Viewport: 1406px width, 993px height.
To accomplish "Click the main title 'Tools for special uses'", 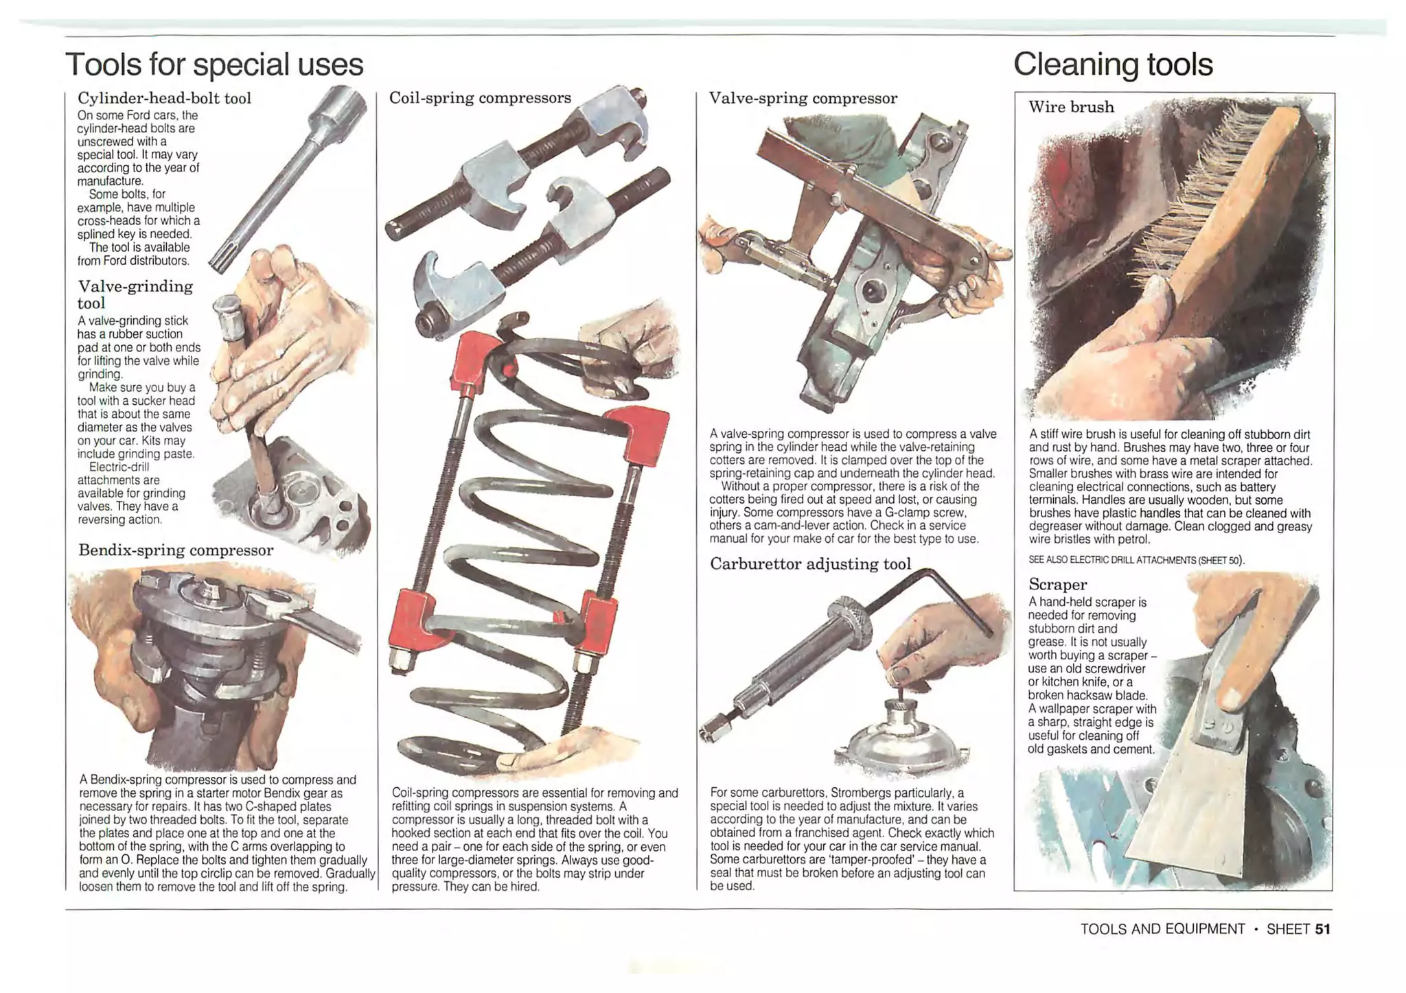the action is tap(214, 65).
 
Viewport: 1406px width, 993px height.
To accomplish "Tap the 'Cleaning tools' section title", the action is tap(1113, 65).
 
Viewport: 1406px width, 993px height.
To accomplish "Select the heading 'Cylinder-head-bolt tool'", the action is tap(164, 98).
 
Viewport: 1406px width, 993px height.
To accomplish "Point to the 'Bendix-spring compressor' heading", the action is tap(175, 550).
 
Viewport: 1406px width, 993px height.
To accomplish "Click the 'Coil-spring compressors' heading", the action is tap(480, 98).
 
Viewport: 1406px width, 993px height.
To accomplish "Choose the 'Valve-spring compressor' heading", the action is tap(803, 98).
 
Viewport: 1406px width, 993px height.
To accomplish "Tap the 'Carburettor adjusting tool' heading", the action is tap(810, 564).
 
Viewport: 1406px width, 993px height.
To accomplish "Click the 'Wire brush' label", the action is tap(1071, 107).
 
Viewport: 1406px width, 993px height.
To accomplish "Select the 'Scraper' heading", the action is tap(1057, 585).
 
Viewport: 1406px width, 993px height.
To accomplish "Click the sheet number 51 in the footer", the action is tap(1322, 929).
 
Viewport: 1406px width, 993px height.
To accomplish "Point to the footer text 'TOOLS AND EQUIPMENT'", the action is tap(1162, 929).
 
